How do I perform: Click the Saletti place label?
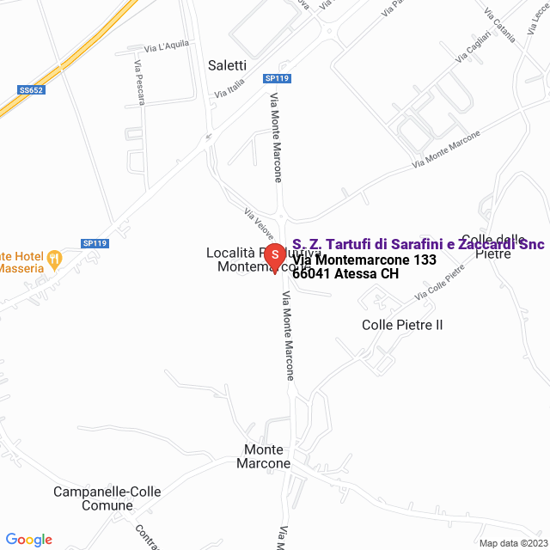[227, 64]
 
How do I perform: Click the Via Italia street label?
[230, 87]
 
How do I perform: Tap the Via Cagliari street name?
[475, 45]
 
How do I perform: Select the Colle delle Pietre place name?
[492, 246]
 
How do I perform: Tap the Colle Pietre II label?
[402, 325]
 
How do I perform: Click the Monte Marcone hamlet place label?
[266, 456]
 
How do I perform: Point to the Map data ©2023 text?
[512, 543]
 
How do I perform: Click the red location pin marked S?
[274, 256]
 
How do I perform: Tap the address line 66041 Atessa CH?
[345, 274]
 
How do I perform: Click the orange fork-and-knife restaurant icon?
[55, 256]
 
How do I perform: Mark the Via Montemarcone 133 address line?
[364, 260]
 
